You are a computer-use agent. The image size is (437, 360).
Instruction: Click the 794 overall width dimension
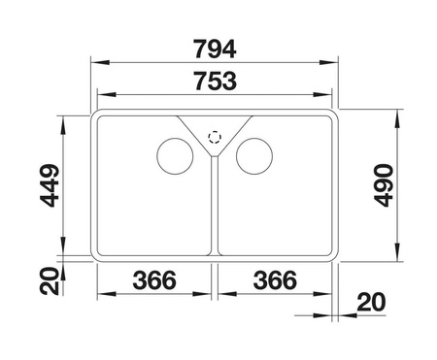pyautogui.click(x=215, y=49)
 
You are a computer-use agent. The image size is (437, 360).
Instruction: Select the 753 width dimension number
pyautogui.click(x=216, y=82)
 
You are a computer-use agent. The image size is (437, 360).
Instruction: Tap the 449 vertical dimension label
pyautogui.click(x=50, y=185)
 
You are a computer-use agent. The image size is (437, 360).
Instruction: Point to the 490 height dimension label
pyautogui.click(x=384, y=185)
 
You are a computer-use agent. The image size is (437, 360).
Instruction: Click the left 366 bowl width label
pyautogui.click(x=154, y=280)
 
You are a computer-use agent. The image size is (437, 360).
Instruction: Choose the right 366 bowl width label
pyautogui.click(x=275, y=280)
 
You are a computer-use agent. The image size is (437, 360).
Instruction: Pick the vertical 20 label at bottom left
pyautogui.click(x=50, y=281)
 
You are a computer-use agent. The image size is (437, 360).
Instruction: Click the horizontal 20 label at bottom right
pyautogui.click(x=371, y=302)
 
